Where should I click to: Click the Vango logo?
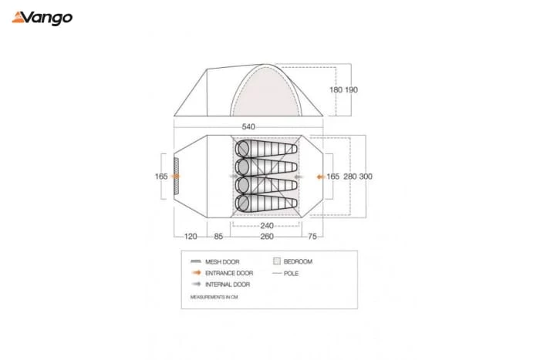coord(42,18)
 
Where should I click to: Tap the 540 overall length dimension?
coord(248,126)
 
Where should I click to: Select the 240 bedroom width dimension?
coord(267,226)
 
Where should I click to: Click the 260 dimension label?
coord(267,237)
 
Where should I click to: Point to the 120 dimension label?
coord(191,237)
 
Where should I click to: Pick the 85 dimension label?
coord(218,237)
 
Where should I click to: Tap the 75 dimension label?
coord(312,237)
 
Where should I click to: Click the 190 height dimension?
coord(351,90)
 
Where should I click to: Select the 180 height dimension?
coord(336,90)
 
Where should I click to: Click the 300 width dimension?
coord(366,177)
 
